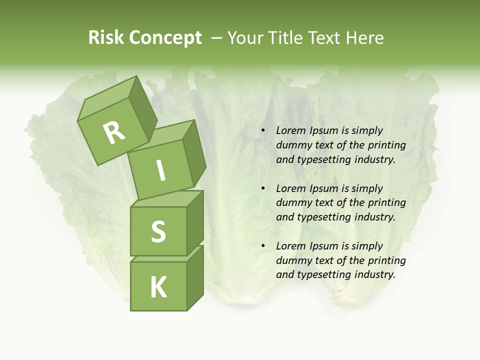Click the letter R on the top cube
tap(114, 132)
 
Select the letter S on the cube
tap(158, 231)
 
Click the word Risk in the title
tap(105, 38)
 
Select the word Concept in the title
tap(165, 38)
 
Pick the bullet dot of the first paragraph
tap(263, 131)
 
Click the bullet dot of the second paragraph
tap(263, 189)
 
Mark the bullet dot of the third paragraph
tap(263, 246)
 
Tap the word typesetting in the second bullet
tap(323, 217)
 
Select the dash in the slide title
tap(217, 38)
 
